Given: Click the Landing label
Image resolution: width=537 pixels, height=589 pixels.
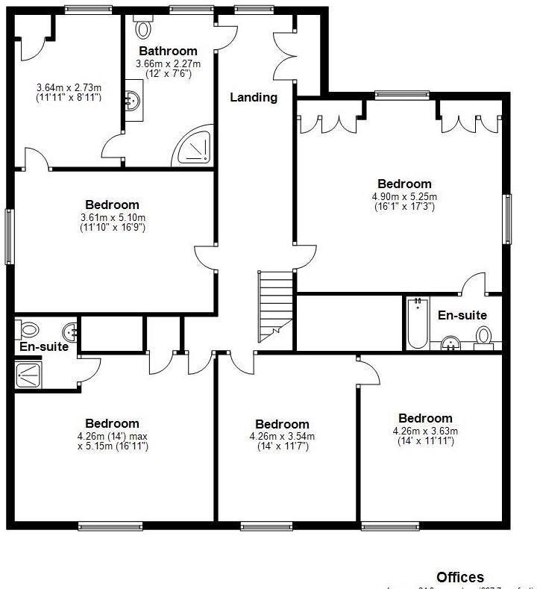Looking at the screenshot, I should pos(253,97).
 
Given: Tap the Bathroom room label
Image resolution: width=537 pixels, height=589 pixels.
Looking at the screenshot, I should pos(168,52).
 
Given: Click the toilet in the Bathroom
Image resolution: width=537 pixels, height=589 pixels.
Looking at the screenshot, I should pos(143,28).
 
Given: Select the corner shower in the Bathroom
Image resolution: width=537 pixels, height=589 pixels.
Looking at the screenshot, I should pos(195,147).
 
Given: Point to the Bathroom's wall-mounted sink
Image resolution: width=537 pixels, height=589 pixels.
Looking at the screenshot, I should pos(132,100).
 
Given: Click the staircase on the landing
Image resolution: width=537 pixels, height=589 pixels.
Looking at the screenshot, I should pos(276,306).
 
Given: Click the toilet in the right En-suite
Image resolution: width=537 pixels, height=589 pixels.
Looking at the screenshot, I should pos(485,336).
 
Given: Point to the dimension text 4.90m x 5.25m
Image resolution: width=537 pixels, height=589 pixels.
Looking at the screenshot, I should pos(404,197).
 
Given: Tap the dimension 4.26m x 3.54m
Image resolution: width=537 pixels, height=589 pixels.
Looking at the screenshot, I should pos(281,437).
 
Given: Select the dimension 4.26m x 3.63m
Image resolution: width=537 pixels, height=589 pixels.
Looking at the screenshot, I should pos(424,431).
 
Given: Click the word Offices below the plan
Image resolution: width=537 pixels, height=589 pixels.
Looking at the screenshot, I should pos(459,577).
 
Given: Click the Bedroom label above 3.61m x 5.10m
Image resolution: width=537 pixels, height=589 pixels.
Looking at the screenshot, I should pos(112,205).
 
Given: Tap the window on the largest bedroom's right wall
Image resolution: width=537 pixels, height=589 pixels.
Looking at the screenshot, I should pos(507,219).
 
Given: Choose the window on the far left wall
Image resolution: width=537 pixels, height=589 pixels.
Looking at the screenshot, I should pos(10,236).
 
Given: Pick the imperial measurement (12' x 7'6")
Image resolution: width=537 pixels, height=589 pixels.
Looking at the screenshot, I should pos(168,74).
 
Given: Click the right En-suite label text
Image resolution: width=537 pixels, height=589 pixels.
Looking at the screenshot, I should pos(462,316).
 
